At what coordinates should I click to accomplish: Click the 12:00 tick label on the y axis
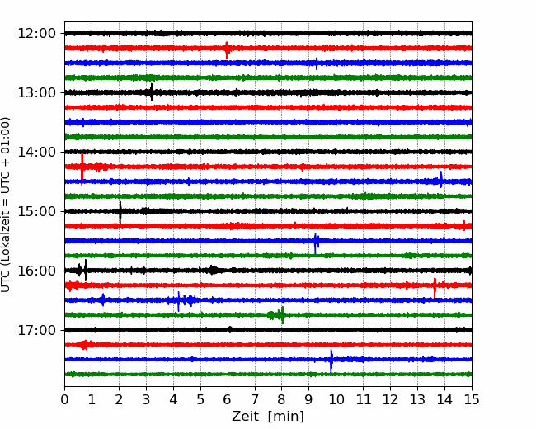click(36, 34)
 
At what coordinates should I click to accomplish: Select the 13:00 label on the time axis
click(36, 92)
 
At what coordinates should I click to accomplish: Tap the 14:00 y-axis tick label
click(36, 152)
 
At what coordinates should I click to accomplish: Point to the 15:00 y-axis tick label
click(36, 211)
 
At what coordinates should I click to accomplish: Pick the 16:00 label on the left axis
click(36, 271)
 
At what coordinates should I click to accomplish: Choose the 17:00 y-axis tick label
click(36, 330)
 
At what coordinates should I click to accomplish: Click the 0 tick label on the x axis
click(64, 399)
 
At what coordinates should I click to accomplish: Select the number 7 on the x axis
click(255, 399)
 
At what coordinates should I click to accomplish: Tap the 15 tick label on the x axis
click(472, 399)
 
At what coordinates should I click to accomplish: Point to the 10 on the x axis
click(336, 399)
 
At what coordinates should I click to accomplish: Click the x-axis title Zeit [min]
click(268, 417)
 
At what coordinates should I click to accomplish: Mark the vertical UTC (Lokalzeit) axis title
click(6, 205)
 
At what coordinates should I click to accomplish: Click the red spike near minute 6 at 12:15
click(227, 50)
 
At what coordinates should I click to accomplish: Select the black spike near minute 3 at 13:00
click(152, 92)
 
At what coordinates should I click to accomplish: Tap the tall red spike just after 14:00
click(82, 170)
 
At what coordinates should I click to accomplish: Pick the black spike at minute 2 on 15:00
click(120, 213)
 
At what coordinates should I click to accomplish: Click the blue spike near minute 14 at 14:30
click(441, 179)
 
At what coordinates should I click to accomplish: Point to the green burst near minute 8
click(277, 315)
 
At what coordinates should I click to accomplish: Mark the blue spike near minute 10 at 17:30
click(331, 361)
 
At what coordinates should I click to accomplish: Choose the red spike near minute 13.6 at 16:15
click(435, 288)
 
